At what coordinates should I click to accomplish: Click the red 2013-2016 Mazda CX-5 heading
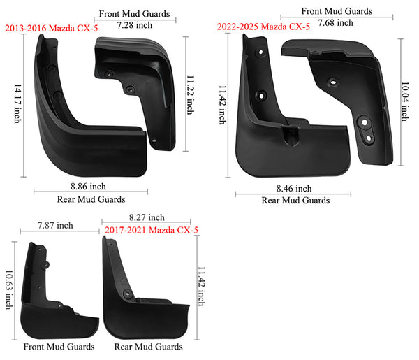[x=51, y=28]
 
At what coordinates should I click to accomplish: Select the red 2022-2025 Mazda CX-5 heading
[x=263, y=27]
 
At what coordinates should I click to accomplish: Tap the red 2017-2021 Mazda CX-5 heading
[x=152, y=230]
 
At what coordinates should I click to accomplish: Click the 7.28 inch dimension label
[x=134, y=25]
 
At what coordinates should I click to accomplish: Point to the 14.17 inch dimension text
[x=17, y=103]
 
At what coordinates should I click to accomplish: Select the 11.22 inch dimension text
[x=190, y=95]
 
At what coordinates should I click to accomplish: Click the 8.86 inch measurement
[x=88, y=187]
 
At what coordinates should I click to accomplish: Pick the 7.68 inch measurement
[x=335, y=23]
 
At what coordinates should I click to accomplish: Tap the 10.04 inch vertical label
[x=405, y=101]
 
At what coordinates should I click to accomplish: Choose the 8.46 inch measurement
[x=294, y=189]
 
